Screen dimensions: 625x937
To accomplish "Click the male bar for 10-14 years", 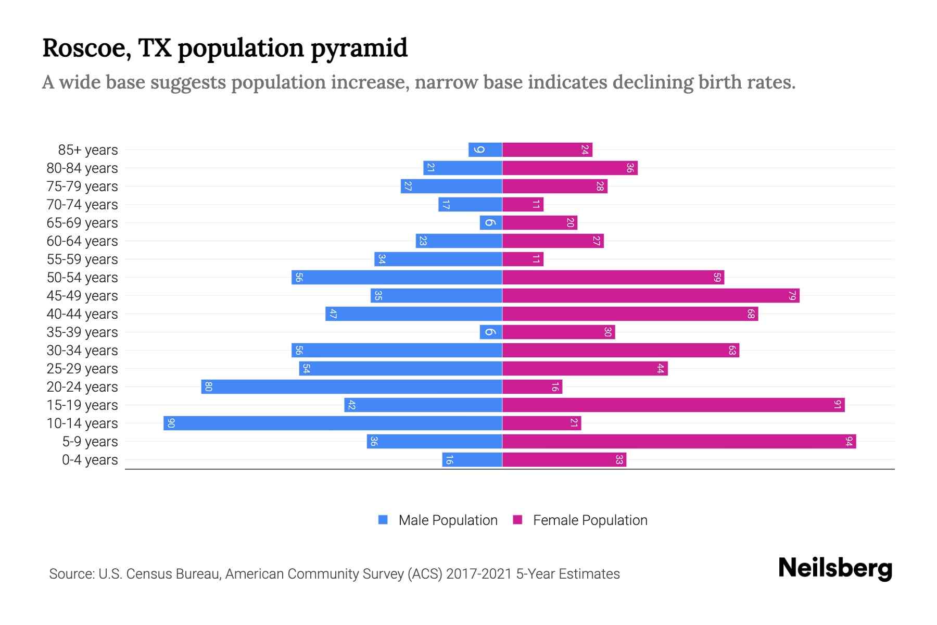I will click(x=333, y=423).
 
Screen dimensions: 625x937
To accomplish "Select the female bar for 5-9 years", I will click(x=679, y=442).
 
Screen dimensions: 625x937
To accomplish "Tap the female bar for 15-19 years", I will click(x=673, y=405).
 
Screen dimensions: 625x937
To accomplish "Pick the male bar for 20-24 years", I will click(x=352, y=387).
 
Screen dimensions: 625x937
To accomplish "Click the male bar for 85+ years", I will click(x=485, y=150).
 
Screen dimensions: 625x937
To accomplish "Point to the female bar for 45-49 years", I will click(x=651, y=296).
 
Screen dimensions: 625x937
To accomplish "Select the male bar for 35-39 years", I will click(x=491, y=332).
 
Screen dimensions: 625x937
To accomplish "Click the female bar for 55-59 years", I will click(x=523, y=259).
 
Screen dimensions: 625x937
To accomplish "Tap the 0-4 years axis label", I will click(x=90, y=460).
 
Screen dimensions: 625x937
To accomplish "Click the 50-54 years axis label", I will click(x=82, y=278).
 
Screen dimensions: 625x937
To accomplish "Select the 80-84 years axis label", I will click(x=82, y=168).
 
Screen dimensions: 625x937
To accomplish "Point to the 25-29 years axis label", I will click(x=82, y=369).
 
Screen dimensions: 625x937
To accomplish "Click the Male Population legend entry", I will click(x=447, y=520).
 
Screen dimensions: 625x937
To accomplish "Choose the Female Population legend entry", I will click(x=589, y=520).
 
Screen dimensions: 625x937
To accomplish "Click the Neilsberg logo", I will click(x=835, y=568).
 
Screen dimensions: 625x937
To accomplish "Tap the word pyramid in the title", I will click(x=359, y=48).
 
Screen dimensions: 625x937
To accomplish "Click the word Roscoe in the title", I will click(x=86, y=48).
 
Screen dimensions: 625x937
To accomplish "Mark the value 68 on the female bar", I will click(x=751, y=314).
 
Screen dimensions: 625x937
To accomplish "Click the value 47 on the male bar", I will click(x=333, y=314).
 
